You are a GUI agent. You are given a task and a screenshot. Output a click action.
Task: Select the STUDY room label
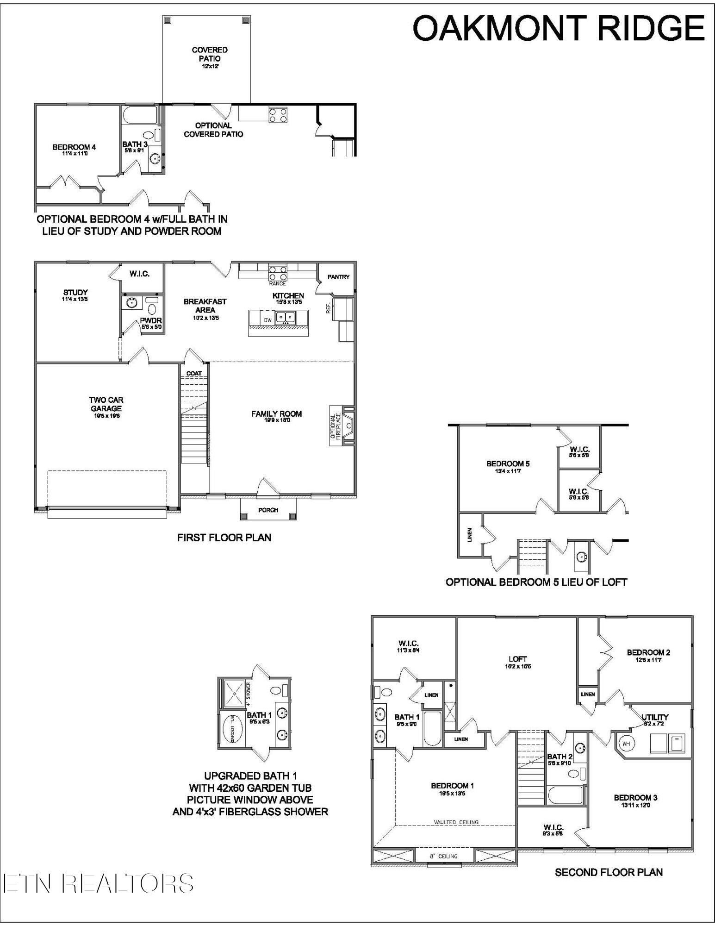pyautogui.click(x=75, y=295)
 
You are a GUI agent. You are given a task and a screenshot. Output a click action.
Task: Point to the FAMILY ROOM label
pyautogui.click(x=276, y=416)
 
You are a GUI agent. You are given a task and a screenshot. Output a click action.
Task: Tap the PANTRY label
pyautogui.click(x=338, y=277)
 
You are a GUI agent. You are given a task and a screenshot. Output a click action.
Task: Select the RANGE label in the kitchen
pyautogui.click(x=277, y=283)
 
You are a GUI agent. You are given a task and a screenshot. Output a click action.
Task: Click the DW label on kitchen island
pyautogui.click(x=267, y=320)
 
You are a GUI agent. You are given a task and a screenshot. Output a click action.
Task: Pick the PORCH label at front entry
pyautogui.click(x=268, y=510)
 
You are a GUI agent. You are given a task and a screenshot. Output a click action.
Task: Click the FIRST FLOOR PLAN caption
pyautogui.click(x=224, y=538)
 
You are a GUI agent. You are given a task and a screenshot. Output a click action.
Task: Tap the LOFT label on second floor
pyautogui.click(x=517, y=661)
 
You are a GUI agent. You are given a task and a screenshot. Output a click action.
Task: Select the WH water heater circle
pyautogui.click(x=626, y=744)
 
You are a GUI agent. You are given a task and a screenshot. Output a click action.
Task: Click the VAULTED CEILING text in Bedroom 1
pyautogui.click(x=456, y=822)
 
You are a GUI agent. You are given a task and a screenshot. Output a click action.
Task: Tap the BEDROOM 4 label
pyautogui.click(x=74, y=149)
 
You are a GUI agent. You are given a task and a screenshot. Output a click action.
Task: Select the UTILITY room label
pyautogui.click(x=655, y=719)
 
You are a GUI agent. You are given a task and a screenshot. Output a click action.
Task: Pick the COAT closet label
pyautogui.click(x=194, y=374)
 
